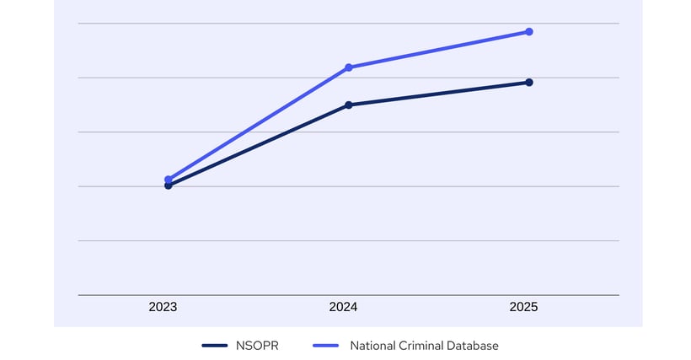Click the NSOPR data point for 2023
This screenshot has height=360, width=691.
coord(169,185)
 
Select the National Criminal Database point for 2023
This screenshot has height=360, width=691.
coord(169,179)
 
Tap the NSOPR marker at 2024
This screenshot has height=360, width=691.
coord(349,105)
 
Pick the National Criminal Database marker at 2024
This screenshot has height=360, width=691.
coord(349,67)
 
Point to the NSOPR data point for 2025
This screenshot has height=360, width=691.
coord(529,82)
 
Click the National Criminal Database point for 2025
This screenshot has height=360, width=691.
coord(529,32)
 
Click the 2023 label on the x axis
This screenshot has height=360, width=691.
coord(163,308)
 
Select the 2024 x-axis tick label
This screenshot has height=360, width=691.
coord(343,308)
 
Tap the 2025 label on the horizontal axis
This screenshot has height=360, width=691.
coord(523,308)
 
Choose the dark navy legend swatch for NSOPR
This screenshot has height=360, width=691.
coord(216,346)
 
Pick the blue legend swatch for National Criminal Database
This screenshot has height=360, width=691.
coord(325,346)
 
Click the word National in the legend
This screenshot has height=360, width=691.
coord(372,345)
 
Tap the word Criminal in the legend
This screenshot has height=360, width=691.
coord(423,345)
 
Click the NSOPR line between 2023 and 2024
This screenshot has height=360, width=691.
coord(259,145)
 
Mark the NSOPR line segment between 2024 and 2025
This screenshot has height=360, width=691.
coord(439,94)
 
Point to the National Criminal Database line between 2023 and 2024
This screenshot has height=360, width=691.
coord(259,123)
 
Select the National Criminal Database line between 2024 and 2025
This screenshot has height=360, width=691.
coord(439,50)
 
